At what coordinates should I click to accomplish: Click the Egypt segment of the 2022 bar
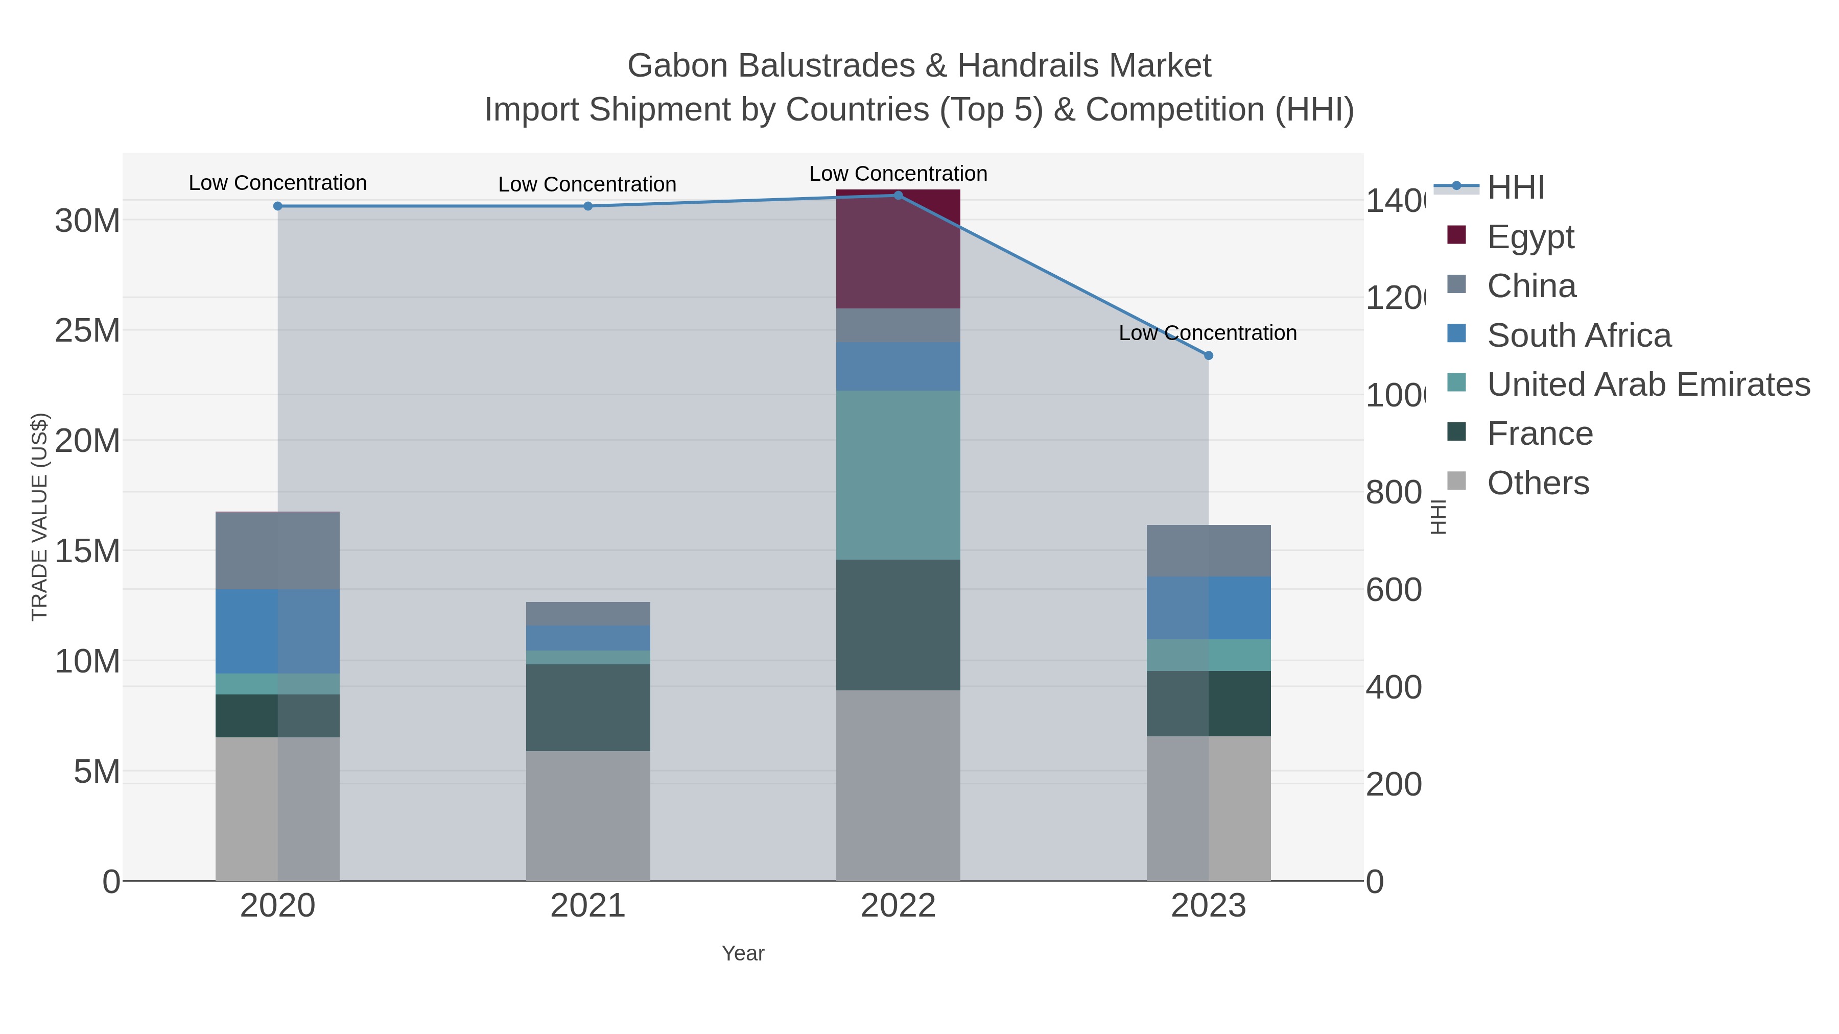pos(898,250)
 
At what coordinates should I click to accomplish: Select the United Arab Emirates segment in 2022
pos(898,474)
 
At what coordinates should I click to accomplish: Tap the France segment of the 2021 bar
pos(587,707)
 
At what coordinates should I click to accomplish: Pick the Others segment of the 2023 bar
pos(1208,808)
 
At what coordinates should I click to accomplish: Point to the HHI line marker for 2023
pos(1208,355)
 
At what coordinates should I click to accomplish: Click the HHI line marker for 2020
pos(278,206)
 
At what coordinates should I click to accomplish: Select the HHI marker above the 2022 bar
pos(898,196)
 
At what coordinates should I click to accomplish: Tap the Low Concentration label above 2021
pos(587,185)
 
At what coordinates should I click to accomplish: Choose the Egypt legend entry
pos(1530,237)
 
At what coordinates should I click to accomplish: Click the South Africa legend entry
pos(1578,335)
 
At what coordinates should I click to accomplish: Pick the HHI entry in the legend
pos(1516,188)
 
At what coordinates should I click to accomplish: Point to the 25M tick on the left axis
pos(87,331)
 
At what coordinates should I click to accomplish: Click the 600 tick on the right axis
pos(1394,590)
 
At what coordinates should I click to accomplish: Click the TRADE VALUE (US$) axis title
pos(39,517)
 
